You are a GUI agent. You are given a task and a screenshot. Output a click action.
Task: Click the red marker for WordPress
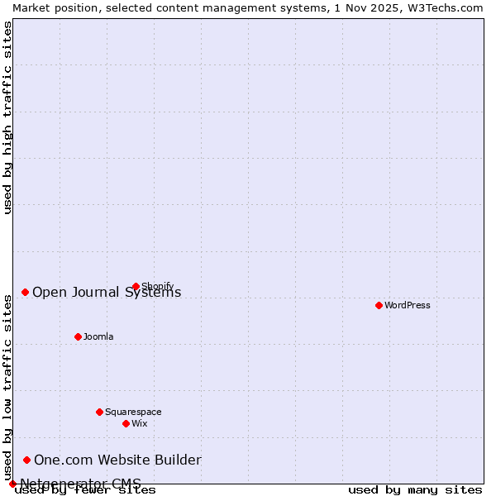pos(379,305)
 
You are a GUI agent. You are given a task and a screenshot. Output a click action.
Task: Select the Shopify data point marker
pos(136,287)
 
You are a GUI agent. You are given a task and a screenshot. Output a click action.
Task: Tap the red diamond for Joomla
pos(78,336)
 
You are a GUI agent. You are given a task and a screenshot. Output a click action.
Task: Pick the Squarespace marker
pos(99,412)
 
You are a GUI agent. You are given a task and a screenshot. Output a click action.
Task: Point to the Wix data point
pos(126,423)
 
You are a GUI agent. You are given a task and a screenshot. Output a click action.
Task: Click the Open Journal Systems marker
pos(25,292)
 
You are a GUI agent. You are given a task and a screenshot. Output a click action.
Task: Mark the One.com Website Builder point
pos(26,460)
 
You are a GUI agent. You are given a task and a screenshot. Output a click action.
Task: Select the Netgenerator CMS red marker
pos(12,484)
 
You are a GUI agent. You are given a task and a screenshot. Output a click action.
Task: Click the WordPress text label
pos(408,305)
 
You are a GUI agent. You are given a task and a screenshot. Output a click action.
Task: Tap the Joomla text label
pos(98,336)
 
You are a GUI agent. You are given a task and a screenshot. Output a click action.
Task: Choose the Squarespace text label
pos(133,412)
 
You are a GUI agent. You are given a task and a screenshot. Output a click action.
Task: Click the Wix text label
pos(140,423)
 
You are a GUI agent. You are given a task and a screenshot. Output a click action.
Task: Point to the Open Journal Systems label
pos(107,292)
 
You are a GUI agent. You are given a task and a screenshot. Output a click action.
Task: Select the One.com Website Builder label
pos(117,460)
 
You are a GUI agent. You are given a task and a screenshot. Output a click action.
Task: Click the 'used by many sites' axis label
pos(415,490)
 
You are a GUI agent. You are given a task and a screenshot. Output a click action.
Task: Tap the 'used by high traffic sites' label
pos(8,117)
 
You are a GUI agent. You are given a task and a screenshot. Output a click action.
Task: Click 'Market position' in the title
pos(51,7)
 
